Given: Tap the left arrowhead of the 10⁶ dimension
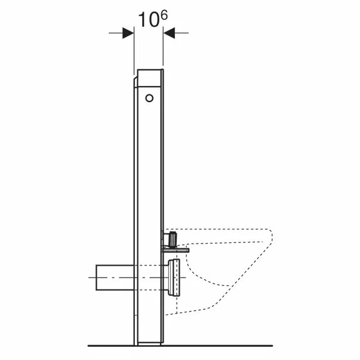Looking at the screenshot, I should [x=128, y=34].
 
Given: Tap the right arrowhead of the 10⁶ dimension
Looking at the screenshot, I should [x=169, y=34].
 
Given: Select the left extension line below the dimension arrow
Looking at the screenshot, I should [x=133, y=54].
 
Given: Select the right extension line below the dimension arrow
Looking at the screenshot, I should [x=164, y=54].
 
